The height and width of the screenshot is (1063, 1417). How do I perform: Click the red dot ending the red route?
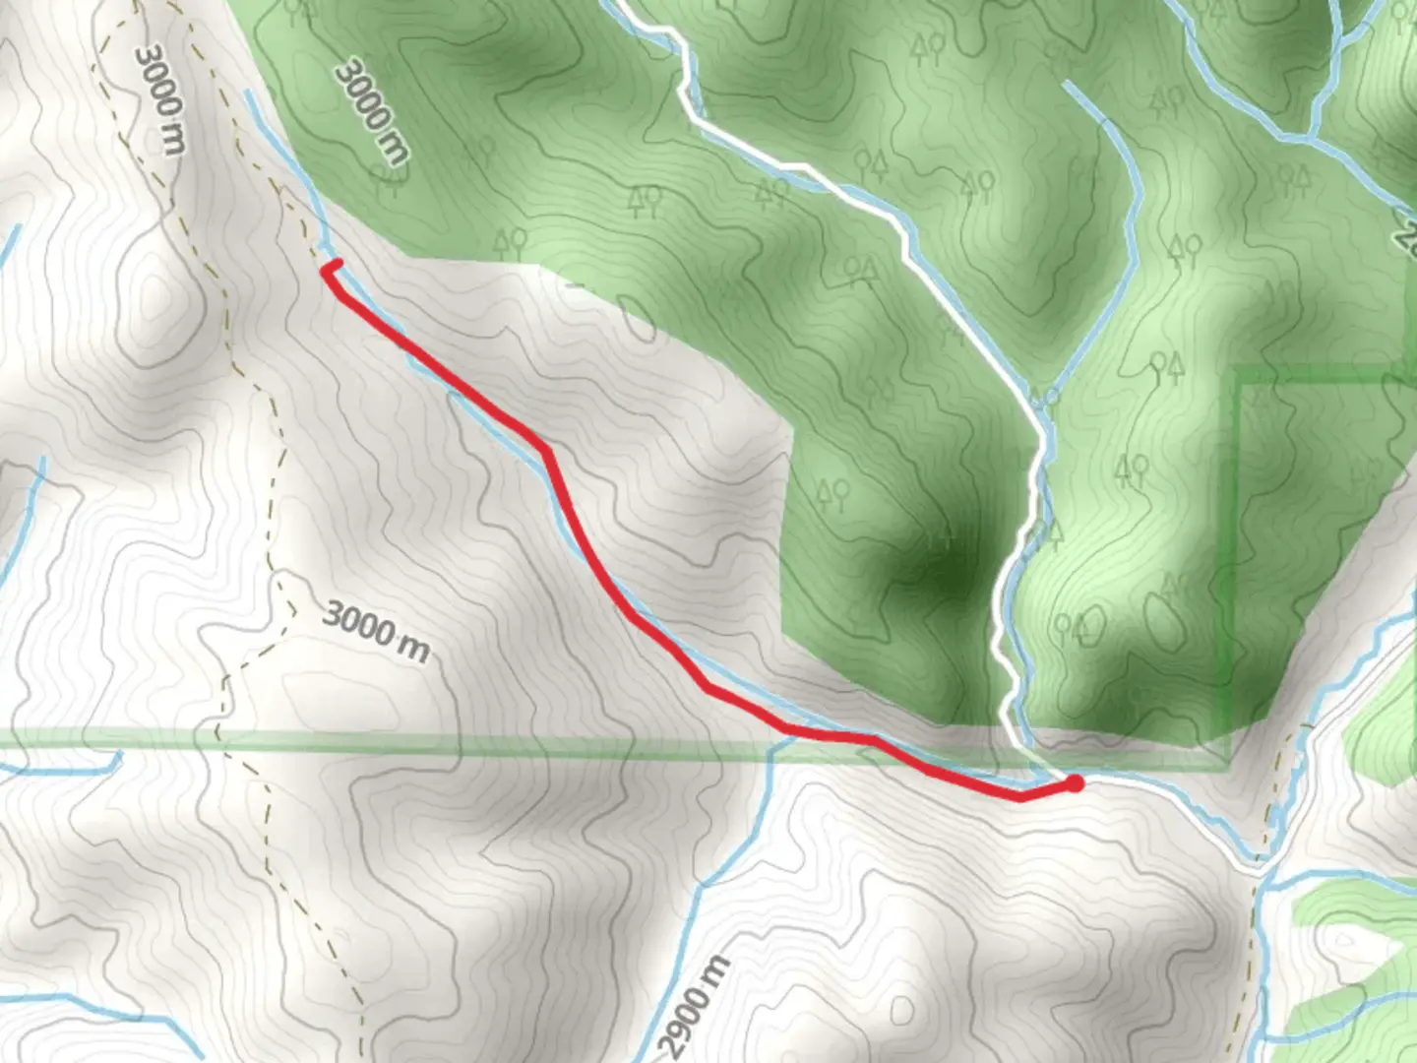pyautogui.click(x=1075, y=783)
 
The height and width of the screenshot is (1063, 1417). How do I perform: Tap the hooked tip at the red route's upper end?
pyautogui.click(x=338, y=263)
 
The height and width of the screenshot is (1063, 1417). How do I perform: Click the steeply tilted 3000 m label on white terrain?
pyautogui.click(x=159, y=98)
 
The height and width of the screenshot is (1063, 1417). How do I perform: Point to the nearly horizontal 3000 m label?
pyautogui.click(x=375, y=633)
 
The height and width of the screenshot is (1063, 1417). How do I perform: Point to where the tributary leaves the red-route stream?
pyautogui.click(x=777, y=740)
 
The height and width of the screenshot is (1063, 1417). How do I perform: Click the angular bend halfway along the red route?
pyautogui.click(x=544, y=451)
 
